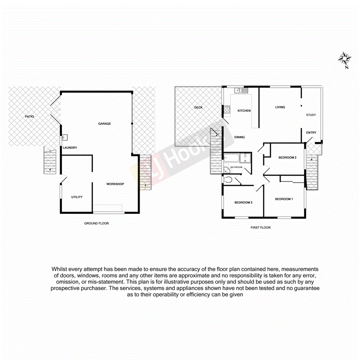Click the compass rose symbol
pyautogui.click(x=345, y=59)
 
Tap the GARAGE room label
pyautogui.click(x=104, y=124)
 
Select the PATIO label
pyautogui.click(x=29, y=116)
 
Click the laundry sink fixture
pyautogui.click(x=65, y=137)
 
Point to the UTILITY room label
pyautogui.click(x=76, y=197)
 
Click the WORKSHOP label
pyautogui.click(x=115, y=184)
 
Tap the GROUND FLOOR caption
pyautogui.click(x=97, y=223)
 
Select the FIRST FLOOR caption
pyautogui.click(x=260, y=228)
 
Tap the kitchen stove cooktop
pyautogui.click(x=226, y=110)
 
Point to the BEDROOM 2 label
pyautogui.click(x=287, y=157)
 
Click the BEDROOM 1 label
pyautogui.click(x=284, y=199)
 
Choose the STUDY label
pyautogui.click(x=311, y=115)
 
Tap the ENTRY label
pyautogui.click(x=311, y=132)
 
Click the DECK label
pyautogui.click(x=199, y=107)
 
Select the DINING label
pyautogui.click(x=239, y=137)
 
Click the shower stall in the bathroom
pyautogui.click(x=245, y=158)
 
